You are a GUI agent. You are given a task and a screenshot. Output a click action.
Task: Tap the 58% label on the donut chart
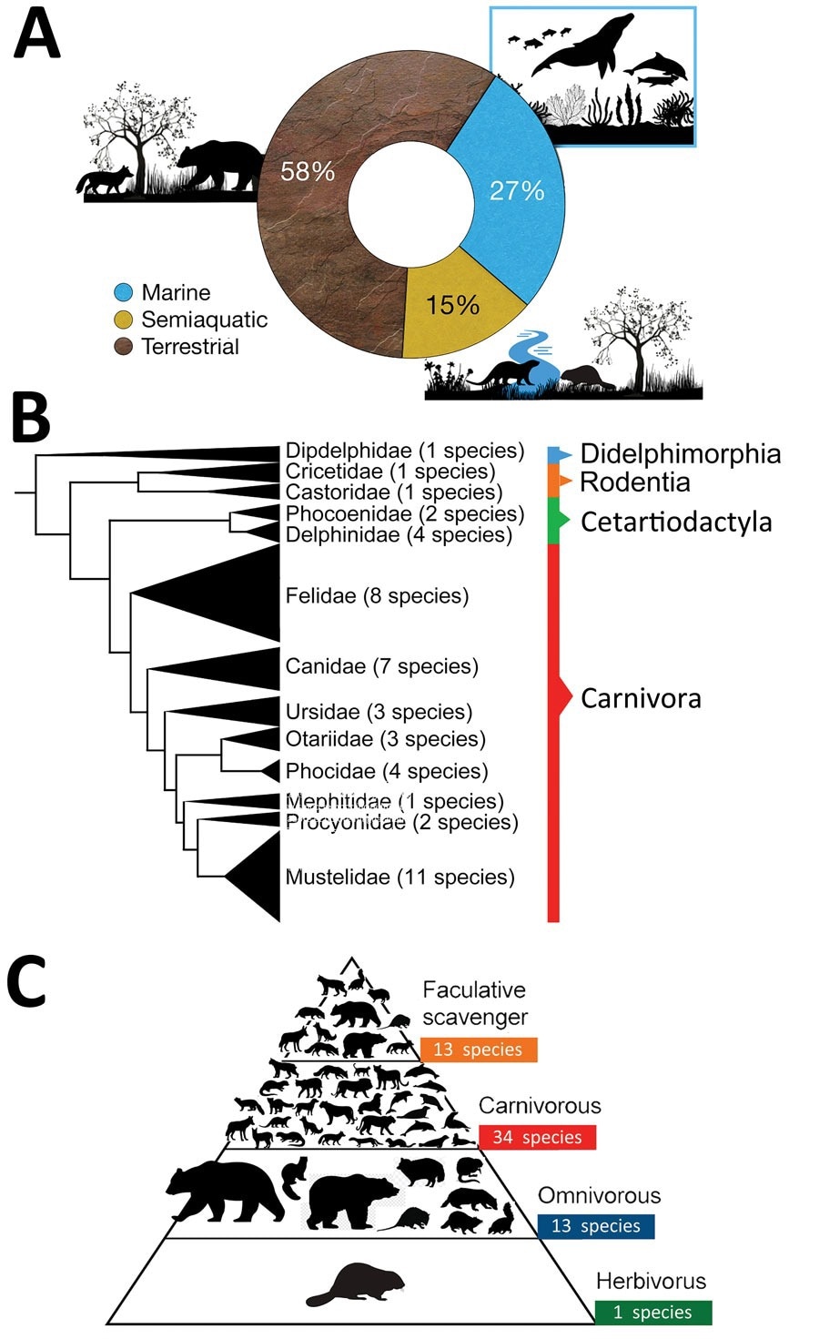[307, 171]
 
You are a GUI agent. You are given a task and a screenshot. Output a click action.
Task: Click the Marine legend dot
[124, 293]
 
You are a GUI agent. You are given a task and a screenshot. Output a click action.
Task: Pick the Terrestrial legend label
[190, 347]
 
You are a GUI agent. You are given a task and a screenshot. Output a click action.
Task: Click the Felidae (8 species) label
[377, 596]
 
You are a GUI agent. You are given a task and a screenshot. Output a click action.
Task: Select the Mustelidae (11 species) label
[399, 877]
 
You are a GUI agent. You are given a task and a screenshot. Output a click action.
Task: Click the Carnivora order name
[641, 698]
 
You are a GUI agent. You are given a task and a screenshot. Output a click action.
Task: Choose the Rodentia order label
[634, 482]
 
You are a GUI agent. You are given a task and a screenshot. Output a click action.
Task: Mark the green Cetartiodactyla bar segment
[552, 521]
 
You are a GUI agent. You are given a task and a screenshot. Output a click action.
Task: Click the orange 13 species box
[479, 1050]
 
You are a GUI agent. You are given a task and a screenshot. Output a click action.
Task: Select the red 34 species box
[537, 1137]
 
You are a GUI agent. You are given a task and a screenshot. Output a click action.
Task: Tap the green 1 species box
[652, 1312]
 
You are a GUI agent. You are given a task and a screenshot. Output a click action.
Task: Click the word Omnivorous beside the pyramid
[599, 1195]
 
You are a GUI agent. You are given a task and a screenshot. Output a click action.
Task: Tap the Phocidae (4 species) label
[386, 771]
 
